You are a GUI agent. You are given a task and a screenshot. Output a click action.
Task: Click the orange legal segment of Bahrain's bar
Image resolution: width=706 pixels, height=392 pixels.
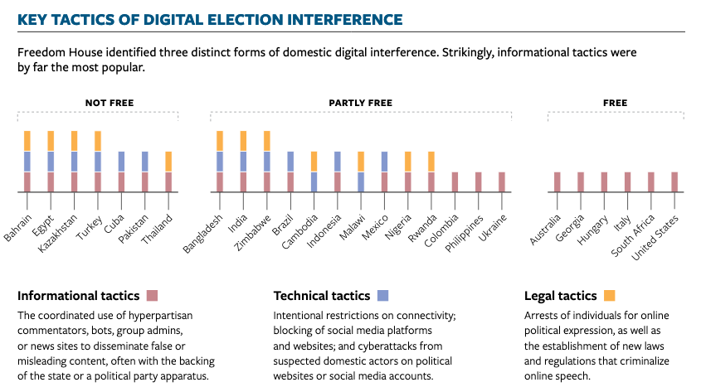pos(27,141)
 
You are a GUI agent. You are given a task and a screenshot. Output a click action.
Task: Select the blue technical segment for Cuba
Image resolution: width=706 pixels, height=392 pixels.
pos(121,162)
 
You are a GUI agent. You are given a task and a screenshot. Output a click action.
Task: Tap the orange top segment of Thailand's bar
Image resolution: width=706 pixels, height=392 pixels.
pos(168,162)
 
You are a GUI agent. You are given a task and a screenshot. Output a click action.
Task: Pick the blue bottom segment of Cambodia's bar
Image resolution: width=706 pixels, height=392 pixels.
pos(314,182)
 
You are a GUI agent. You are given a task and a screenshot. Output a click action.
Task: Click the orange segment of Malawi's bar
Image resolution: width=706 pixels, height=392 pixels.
pos(361,162)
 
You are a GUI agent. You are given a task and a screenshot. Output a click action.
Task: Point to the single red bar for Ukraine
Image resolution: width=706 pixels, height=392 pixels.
pos(502,182)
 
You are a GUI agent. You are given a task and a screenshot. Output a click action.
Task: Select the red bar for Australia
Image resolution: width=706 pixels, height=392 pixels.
pos(557,182)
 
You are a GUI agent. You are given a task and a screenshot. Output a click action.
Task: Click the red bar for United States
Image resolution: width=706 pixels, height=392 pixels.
pos(674,182)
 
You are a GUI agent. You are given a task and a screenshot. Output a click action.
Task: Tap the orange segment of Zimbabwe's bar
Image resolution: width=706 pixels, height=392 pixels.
pos(267,141)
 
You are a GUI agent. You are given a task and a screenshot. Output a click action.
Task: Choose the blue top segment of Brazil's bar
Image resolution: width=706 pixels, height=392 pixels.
pos(290,162)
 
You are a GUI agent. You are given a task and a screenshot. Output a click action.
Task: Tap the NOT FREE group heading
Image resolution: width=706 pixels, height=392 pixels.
pos(109,104)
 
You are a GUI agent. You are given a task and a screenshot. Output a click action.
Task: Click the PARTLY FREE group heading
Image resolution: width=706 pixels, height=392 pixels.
pos(360,104)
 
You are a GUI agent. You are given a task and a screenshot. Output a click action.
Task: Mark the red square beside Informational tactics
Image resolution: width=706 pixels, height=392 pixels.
pos(152,295)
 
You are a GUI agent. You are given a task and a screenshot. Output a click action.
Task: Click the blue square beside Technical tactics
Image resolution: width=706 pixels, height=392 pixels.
pos(382,295)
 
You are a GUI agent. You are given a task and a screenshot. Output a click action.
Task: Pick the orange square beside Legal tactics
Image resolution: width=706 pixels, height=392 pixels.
pos(609,295)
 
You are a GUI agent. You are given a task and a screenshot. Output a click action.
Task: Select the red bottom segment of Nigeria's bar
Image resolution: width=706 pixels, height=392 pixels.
pos(408,182)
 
